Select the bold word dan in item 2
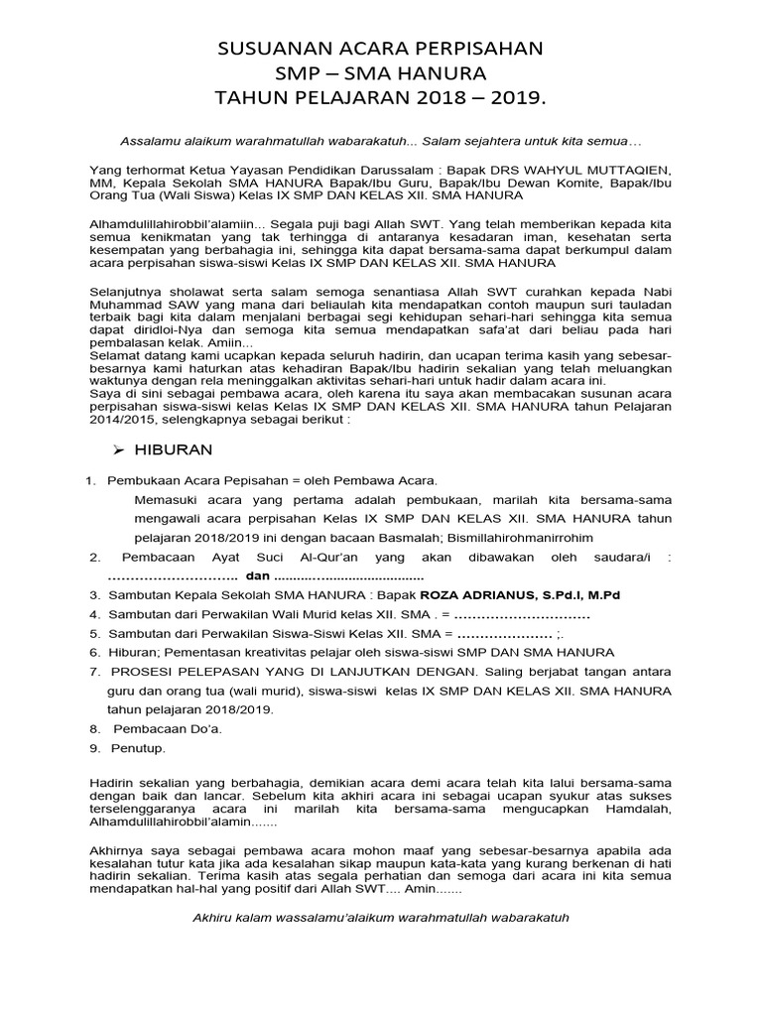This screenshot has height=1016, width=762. click(x=257, y=576)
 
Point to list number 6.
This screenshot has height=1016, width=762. click(x=94, y=652)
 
